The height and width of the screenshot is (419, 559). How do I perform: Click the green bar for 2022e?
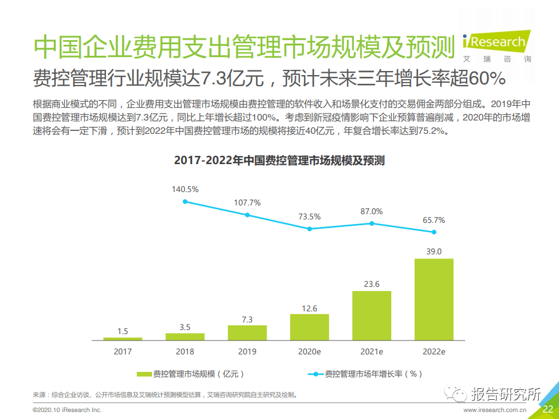pyautogui.click(x=434, y=299)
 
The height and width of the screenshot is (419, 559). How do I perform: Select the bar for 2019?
pyautogui.click(x=247, y=333)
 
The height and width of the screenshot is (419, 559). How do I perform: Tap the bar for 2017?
pyautogui.click(x=123, y=339)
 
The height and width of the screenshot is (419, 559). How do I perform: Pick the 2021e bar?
pyautogui.click(x=372, y=315)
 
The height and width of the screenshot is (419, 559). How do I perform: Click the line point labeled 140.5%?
pyautogui.click(x=185, y=202)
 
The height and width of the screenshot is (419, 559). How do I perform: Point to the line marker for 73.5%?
pyautogui.click(x=309, y=229)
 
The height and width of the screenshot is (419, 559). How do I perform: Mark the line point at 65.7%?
pyautogui.click(x=434, y=232)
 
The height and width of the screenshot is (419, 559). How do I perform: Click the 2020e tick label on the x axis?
pyautogui.click(x=309, y=351)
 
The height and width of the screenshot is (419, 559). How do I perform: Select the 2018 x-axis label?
pyautogui.click(x=185, y=351)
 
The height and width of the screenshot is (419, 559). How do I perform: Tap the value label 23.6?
pyautogui.click(x=372, y=284)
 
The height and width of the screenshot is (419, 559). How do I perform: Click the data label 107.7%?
pyautogui.click(x=247, y=203)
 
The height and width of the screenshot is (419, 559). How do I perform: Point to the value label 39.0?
pyautogui.click(x=434, y=251)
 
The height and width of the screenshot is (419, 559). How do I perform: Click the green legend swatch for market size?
pyautogui.click(x=144, y=374)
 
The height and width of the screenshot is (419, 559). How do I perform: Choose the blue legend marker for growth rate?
pyautogui.click(x=316, y=374)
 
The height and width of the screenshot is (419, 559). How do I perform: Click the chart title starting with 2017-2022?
pyautogui.click(x=279, y=161)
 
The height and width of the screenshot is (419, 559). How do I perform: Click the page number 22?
pyautogui.click(x=547, y=409)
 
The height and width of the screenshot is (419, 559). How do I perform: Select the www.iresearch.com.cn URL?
pyautogui.click(x=495, y=410)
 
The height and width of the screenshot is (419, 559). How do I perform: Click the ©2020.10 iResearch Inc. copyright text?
pyautogui.click(x=68, y=410)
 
